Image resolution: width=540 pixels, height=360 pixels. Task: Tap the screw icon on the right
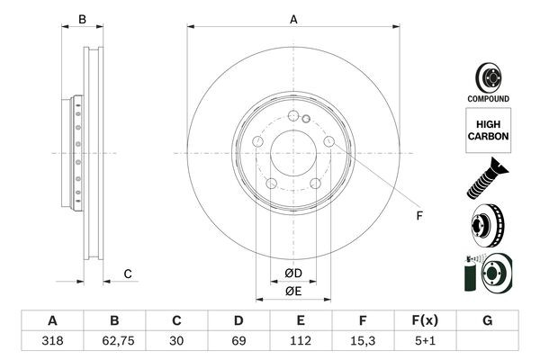[486, 178]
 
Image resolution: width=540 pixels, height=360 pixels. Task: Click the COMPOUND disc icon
[488, 76]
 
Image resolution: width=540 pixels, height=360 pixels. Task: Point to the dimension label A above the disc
[292, 17]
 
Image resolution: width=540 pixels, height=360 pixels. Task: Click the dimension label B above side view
[81, 18]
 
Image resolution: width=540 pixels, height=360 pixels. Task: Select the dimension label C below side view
[128, 274]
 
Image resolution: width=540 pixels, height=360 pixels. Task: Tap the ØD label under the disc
[292, 273]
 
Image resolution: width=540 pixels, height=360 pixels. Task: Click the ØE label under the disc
[292, 291]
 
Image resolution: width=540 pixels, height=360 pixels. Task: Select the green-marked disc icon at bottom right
[487, 274]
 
